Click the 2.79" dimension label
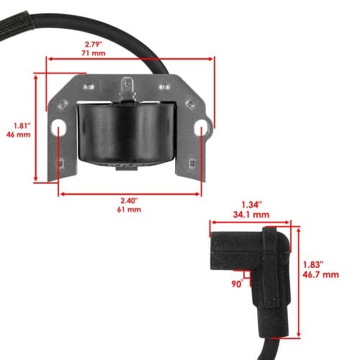pyautogui.click(x=94, y=45)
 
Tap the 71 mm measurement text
pyautogui.click(x=94, y=53)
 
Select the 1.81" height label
pyautogui.click(x=22, y=126)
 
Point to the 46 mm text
pyautogui.click(x=19, y=135)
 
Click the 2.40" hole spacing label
pyautogui.click(x=129, y=201)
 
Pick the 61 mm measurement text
pyautogui.click(x=129, y=210)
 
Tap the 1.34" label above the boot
pyautogui.click(x=251, y=205)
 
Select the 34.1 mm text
pyautogui.click(x=251, y=215)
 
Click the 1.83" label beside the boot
pyautogui.click(x=313, y=265)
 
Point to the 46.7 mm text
pyautogui.click(x=320, y=274)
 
